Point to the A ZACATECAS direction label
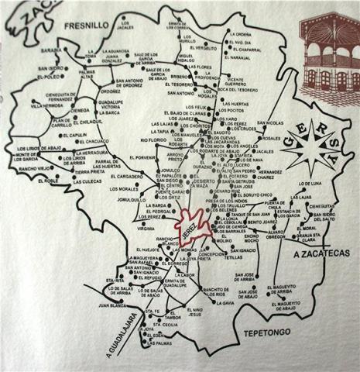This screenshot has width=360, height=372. coord(322,253)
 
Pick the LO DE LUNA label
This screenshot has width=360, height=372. coord(310,184)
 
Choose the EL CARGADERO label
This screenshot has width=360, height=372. coord(127,177)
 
